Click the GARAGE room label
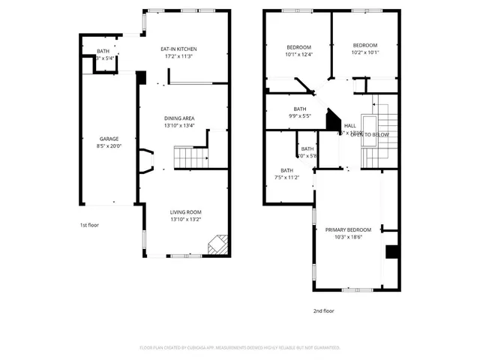point(109,139)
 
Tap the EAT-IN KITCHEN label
point(184,49)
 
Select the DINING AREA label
point(180,118)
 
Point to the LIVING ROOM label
point(184,212)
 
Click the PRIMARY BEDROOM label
point(348,229)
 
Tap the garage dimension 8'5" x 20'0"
point(109,147)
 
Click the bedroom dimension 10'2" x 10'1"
point(365,52)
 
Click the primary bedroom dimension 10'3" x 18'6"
point(348,238)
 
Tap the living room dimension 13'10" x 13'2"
point(184,220)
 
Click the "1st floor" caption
point(89,224)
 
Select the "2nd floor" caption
point(324,310)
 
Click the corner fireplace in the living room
point(218,244)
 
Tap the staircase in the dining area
point(189,157)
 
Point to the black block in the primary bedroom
point(391,252)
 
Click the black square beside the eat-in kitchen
point(141,77)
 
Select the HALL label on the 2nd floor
point(349,126)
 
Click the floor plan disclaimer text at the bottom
point(240,348)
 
